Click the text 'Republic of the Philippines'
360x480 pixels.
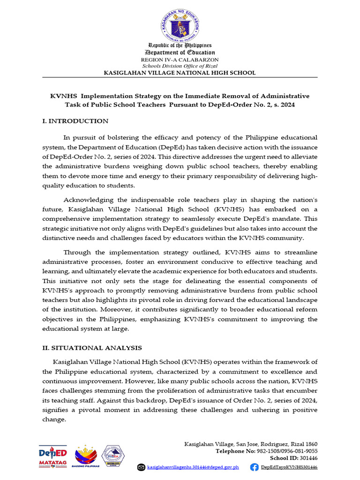(x=180, y=45)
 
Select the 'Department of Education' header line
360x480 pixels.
(x=180, y=52)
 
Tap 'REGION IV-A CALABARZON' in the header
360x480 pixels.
(x=180, y=60)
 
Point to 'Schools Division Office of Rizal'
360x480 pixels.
(x=180, y=66)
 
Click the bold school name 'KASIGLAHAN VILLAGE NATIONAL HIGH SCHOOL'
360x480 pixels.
(x=180, y=73)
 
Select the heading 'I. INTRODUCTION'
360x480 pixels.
(x=75, y=121)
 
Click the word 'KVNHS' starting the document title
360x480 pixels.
(x=63, y=96)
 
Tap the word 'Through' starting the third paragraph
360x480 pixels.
(x=76, y=252)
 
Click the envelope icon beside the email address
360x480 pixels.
(x=142, y=467)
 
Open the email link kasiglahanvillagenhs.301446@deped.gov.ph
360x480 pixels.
(x=193, y=467)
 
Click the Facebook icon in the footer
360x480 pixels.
(x=255, y=467)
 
